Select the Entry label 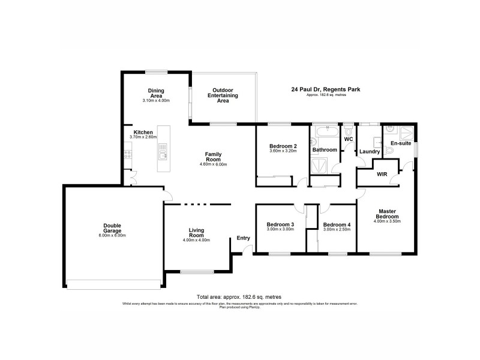[243, 238]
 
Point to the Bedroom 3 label [280, 224]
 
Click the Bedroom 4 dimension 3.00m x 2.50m [336, 230]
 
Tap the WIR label [382, 175]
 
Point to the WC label [348, 140]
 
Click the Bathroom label [325, 149]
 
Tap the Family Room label [214, 157]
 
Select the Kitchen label [143, 132]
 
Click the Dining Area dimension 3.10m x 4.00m [156, 100]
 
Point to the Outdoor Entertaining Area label [223, 96]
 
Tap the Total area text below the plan [239, 297]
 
